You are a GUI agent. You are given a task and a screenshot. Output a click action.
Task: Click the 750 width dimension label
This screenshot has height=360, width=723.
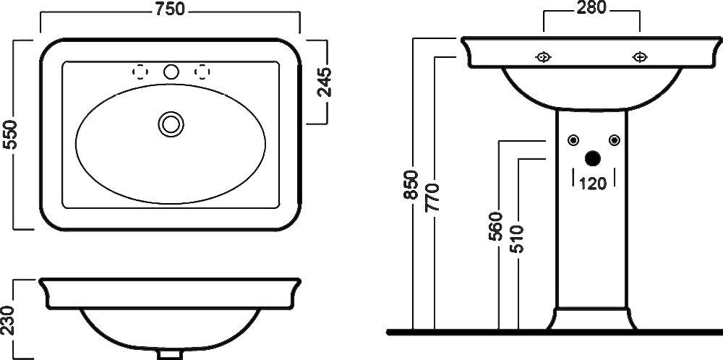click(x=170, y=9)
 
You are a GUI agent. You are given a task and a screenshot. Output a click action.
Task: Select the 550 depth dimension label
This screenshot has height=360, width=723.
click(x=9, y=134)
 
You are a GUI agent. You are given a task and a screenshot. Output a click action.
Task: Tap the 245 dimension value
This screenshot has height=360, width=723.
click(x=325, y=82)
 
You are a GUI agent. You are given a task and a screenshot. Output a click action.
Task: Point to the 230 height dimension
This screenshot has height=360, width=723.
click(x=7, y=320)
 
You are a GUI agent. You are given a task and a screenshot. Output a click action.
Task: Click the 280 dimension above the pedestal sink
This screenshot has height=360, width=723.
click(x=591, y=7)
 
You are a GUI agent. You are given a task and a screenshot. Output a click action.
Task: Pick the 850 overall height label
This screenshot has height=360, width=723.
click(x=411, y=185)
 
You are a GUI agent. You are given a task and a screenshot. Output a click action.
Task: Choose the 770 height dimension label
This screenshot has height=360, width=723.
click(x=433, y=197)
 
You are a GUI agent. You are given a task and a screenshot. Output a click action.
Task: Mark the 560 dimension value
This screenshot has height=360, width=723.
click(x=495, y=226)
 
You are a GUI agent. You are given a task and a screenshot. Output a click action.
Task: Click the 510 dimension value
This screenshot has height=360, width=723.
click(x=518, y=239)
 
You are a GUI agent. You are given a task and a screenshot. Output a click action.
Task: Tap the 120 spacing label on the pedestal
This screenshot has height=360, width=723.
click(x=593, y=184)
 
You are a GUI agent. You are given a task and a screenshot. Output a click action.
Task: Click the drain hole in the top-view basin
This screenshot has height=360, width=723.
click(x=171, y=124)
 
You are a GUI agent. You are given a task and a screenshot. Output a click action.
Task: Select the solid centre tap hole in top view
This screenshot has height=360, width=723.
click(x=171, y=72)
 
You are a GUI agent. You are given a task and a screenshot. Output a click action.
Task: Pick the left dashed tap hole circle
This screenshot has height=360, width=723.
click(x=140, y=72)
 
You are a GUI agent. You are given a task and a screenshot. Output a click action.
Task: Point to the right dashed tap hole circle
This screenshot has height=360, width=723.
click(x=202, y=72)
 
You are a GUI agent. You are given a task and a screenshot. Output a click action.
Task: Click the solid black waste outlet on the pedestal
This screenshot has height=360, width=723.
click(x=593, y=158)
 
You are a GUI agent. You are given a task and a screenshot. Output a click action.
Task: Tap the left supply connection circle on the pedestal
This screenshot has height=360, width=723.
click(x=573, y=140)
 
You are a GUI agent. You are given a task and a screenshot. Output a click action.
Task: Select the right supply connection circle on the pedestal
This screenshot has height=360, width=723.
click(x=614, y=140)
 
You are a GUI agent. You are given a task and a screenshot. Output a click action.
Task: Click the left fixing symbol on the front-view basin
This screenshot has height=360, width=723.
click(x=544, y=57)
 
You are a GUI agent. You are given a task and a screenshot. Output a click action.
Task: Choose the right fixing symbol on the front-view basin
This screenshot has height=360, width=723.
click(x=640, y=57)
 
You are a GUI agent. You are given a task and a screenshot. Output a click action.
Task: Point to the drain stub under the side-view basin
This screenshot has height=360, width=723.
click(x=170, y=355)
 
